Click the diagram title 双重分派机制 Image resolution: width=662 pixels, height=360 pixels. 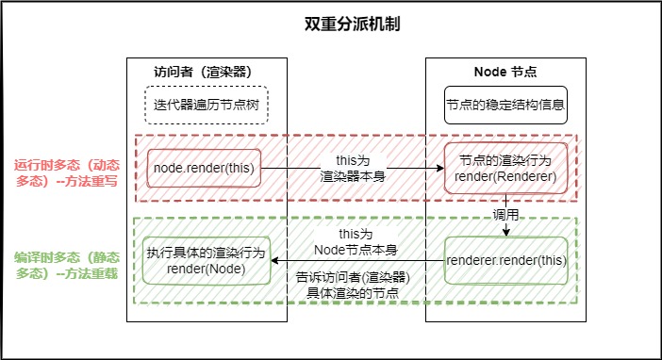click(352, 25)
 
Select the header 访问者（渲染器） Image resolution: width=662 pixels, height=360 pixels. click(203, 72)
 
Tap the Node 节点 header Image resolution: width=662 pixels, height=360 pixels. click(505, 72)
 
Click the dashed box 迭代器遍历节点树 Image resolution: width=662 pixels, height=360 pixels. click(207, 106)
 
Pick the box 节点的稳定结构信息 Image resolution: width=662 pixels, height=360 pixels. click(505, 106)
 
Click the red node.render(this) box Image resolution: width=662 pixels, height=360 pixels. click(204, 168)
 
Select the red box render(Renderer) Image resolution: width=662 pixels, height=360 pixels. click(505, 168)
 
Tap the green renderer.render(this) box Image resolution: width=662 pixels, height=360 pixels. click(506, 260)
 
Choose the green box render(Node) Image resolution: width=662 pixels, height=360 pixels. click(207, 260)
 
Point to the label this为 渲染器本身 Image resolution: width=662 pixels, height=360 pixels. click(353, 168)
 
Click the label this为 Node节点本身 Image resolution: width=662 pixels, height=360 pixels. click(356, 242)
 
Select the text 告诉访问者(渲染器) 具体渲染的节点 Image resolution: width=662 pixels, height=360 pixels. click(353, 285)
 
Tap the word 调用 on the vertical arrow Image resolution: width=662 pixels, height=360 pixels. click(505, 215)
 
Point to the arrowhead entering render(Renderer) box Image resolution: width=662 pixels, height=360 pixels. click(440, 168)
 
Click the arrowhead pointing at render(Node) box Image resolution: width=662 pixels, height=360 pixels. click(274, 260)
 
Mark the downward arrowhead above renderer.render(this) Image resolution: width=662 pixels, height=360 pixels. click(506, 233)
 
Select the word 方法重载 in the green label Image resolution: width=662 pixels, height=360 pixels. click(91, 273)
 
